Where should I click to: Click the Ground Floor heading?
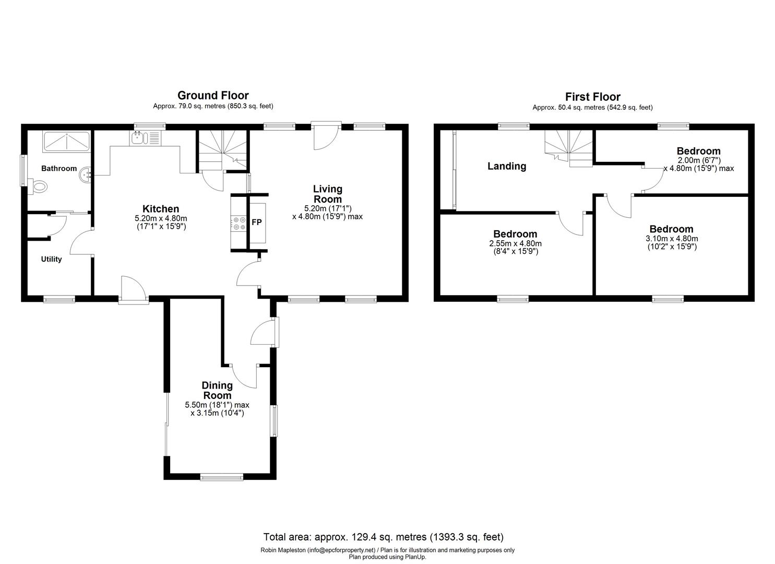click(213, 96)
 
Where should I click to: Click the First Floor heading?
click(592, 97)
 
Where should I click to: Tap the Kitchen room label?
click(161, 209)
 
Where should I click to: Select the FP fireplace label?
click(257, 222)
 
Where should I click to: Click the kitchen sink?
click(139, 138)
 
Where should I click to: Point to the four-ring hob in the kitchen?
click(239, 223)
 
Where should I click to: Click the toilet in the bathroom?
click(39, 186)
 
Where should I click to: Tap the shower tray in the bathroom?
click(67, 141)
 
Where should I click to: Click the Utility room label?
click(51, 259)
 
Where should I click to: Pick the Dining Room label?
click(217, 391)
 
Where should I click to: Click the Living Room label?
click(327, 194)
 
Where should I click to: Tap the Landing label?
click(507, 166)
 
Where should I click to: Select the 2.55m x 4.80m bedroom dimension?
click(515, 244)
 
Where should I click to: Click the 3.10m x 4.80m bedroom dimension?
click(671, 239)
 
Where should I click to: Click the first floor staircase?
click(569, 148)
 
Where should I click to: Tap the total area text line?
click(384, 537)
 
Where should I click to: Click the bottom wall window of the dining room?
click(222, 476)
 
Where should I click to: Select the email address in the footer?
click(341, 550)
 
